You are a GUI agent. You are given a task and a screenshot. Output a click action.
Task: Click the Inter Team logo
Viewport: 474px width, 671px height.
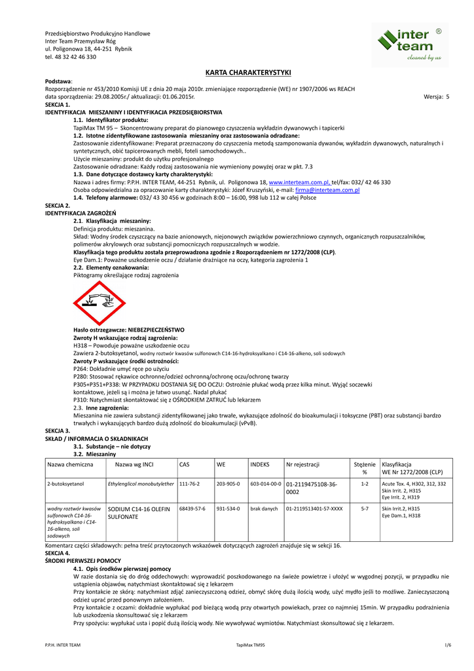coord(411,45)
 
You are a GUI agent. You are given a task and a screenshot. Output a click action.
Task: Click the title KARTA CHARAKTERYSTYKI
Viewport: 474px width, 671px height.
coord(248,72)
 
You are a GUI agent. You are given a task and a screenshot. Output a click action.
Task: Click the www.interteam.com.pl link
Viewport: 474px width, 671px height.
coord(299,182)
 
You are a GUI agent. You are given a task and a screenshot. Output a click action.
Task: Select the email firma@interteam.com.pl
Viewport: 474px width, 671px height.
coord(327,190)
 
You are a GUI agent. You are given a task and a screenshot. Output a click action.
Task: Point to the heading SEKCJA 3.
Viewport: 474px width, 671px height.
coord(57,430)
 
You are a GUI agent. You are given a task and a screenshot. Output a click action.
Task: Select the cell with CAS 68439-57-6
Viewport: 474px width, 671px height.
coord(191,508)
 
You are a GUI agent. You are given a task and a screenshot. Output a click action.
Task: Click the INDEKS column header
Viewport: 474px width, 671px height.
coord(260,464)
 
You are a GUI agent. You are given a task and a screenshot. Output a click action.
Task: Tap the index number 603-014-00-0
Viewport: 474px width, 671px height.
coord(265,484)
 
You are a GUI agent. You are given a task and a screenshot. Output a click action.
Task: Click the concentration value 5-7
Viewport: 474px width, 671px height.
coord(365,508)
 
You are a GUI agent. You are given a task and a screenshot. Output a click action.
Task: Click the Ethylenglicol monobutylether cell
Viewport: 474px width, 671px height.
coord(140,484)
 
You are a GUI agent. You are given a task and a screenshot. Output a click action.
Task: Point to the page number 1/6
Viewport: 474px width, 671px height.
coord(448,645)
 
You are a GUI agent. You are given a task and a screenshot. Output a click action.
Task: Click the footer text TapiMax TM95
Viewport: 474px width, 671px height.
coord(250,645)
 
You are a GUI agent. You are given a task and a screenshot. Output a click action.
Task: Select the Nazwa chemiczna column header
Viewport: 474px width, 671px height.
coord(70,464)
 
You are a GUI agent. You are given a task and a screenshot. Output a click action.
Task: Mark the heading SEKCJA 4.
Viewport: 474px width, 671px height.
coord(57,553)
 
